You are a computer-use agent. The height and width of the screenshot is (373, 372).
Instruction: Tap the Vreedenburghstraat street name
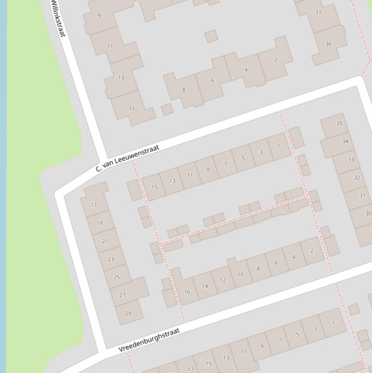coord(149,340)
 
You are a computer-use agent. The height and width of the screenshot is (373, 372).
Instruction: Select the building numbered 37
coord(318,13)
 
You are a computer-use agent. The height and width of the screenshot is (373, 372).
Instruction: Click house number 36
coord(328,44)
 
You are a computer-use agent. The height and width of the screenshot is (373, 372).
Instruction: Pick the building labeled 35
coord(339,124)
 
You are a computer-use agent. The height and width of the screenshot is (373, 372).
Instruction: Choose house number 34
coord(345,141)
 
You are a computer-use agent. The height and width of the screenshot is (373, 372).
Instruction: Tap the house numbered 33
coord(351,159)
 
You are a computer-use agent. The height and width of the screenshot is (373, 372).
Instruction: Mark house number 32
coord(357,177)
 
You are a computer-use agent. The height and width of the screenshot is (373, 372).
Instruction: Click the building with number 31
coord(362,196)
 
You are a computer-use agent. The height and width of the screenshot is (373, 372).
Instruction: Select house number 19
coord(99,223)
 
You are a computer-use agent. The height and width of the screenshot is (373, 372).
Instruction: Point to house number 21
coord(105,241)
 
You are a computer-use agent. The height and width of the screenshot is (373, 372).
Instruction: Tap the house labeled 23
coord(111,259)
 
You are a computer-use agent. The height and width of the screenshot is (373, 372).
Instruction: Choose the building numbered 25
coord(116,277)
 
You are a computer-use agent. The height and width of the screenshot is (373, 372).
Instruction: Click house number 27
coord(122,295)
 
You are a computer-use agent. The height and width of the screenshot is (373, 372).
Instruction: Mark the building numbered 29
coord(128,313)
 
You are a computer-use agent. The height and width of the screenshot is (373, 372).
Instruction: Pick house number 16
coord(187,292)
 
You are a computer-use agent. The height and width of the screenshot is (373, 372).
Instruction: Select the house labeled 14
coord(205,286)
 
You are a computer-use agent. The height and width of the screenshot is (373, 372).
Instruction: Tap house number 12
coord(223,280)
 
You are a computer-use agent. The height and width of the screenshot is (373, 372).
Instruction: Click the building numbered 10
coord(240,275)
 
